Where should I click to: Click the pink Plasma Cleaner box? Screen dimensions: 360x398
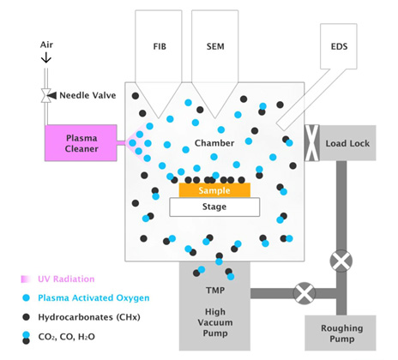tap(85, 141)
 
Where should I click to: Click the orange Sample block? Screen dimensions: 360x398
tap(214, 189)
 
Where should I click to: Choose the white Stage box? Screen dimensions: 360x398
tap(214, 207)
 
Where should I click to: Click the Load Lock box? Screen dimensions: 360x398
tap(347, 142)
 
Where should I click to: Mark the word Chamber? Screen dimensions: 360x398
tap(214, 142)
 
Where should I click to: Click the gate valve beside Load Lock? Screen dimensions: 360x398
tap(312, 142)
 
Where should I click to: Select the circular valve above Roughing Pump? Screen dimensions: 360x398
tap(341, 260)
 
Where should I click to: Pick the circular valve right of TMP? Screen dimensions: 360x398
tap(303, 293)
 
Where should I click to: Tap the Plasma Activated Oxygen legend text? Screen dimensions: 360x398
tap(91, 296)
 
